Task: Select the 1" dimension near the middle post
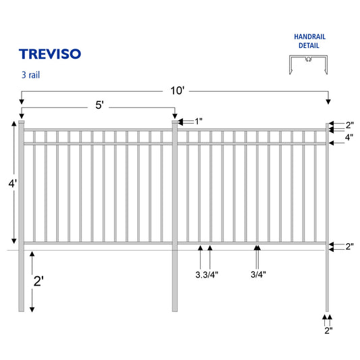point(199,121)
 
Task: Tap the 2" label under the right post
point(328,330)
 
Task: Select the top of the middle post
point(176,122)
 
